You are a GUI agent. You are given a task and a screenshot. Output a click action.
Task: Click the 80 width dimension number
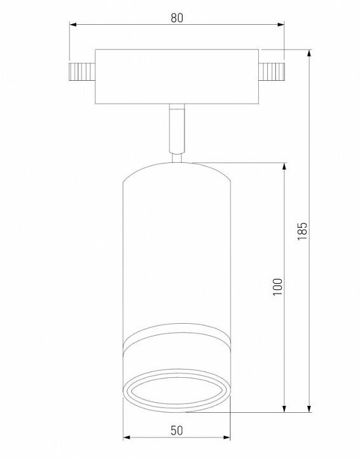point(177,18)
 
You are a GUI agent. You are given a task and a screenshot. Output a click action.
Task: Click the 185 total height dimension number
point(302,230)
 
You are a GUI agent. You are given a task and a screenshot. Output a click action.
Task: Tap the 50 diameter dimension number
point(177,430)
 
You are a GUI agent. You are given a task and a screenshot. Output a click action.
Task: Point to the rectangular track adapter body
point(176,76)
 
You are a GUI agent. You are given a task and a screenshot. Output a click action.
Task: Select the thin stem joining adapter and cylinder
point(177,130)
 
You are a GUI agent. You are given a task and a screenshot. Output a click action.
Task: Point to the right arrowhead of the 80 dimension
point(281,25)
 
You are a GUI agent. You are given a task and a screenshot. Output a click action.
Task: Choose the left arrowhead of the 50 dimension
point(126,438)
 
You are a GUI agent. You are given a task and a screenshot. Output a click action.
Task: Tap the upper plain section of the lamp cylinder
point(177,254)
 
